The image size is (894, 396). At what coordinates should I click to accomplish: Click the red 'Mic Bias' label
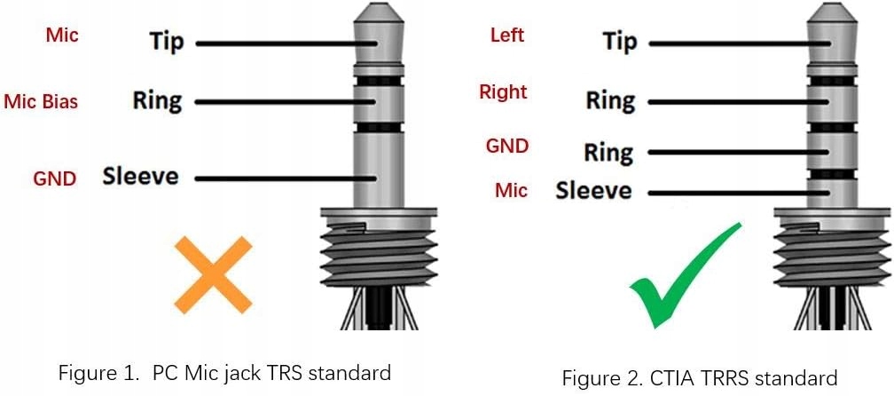[41, 102]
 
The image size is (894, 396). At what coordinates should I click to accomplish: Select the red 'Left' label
[507, 36]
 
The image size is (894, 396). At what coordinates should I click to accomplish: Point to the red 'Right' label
[503, 92]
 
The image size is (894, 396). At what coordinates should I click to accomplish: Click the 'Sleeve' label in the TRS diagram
[140, 176]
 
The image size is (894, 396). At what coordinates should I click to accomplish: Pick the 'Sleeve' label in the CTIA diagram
[594, 191]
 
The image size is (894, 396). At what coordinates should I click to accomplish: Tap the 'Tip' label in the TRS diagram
[167, 41]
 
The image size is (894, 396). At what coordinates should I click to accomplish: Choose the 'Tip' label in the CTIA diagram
[620, 41]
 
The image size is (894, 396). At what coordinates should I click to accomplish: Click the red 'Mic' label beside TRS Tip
[62, 36]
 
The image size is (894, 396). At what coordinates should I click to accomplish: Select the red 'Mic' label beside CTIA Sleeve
[511, 191]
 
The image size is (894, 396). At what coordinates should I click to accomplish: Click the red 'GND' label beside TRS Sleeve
[54, 178]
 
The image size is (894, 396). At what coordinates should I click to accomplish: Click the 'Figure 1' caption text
[224, 373]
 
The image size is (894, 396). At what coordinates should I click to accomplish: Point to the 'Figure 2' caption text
[699, 378]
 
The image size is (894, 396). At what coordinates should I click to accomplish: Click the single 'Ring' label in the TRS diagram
[157, 99]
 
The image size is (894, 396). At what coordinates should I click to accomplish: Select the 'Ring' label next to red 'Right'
[610, 100]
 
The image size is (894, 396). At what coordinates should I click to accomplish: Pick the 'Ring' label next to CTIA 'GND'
[608, 152]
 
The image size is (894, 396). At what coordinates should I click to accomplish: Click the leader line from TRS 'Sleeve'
[284, 178]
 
